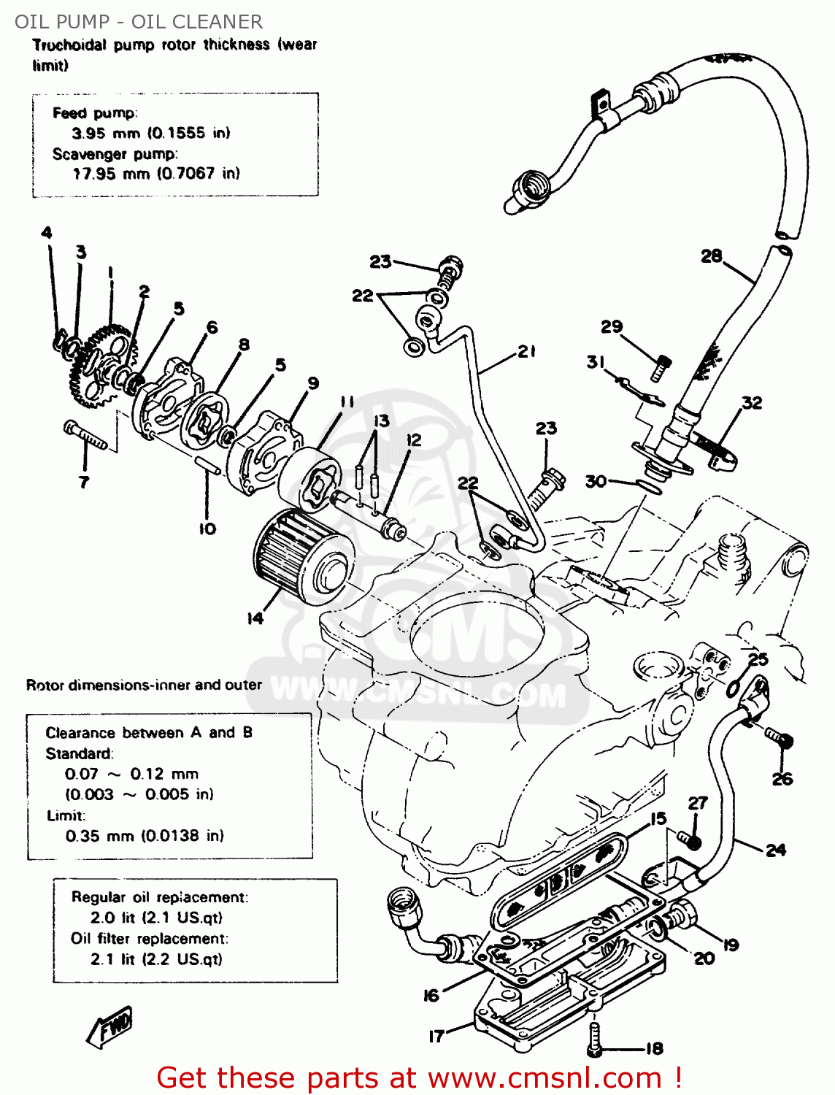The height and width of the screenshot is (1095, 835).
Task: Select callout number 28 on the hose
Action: [x=711, y=256]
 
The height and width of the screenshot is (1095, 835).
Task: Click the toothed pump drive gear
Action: [x=95, y=365]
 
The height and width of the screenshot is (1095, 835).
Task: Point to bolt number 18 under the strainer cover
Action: [x=594, y=1037]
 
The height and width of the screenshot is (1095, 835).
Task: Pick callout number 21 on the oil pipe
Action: [x=527, y=352]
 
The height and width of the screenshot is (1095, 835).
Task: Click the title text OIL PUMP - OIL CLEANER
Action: [x=139, y=21]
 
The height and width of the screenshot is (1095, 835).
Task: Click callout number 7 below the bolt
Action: [x=84, y=482]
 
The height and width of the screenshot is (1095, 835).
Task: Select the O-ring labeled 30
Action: [x=649, y=485]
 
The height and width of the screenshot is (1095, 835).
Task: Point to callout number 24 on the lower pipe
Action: [x=775, y=850]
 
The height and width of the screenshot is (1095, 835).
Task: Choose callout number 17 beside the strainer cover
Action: [x=436, y=1036]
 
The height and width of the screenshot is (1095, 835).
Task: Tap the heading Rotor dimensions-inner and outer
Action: [x=144, y=685]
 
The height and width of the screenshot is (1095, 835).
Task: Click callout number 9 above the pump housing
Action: [x=313, y=383]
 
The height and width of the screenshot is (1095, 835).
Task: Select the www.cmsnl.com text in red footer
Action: [x=544, y=1077]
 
